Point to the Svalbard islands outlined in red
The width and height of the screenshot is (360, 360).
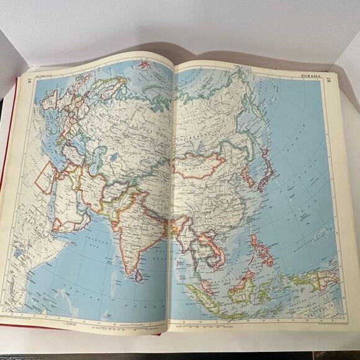(x=144, y=64)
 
